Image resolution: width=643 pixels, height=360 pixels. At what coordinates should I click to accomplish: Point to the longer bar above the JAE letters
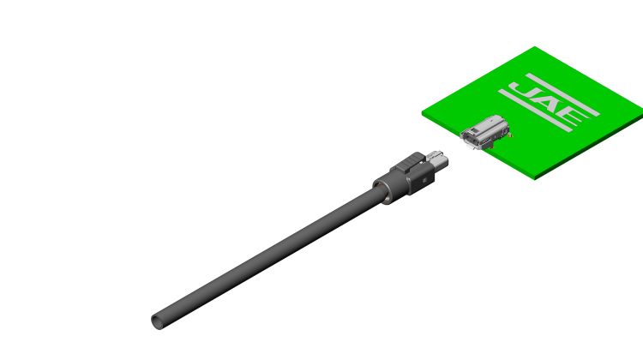tap(562, 94)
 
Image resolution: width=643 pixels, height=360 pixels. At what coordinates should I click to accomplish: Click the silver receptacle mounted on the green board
tap(484, 132)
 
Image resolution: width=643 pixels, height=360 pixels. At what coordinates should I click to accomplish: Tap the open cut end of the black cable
tap(157, 322)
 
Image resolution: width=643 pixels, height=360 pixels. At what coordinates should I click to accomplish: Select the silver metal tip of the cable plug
tap(436, 160)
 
